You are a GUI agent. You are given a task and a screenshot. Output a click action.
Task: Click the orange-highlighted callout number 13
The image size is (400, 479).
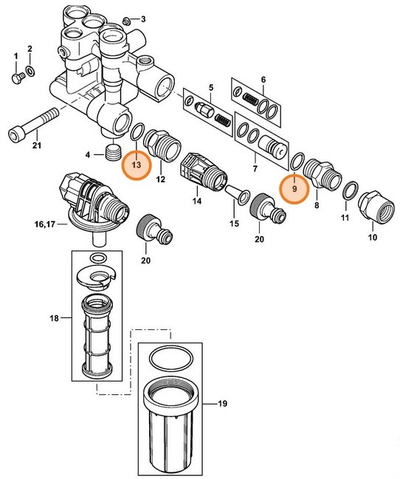pyautogui.click(x=136, y=166)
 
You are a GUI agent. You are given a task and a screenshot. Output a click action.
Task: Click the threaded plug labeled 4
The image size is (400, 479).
pyautogui.click(x=112, y=154)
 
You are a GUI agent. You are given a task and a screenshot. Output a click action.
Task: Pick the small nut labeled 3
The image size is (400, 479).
pyautogui.click(x=125, y=18)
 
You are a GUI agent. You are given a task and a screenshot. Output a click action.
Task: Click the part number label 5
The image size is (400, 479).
pyautogui.click(x=210, y=88)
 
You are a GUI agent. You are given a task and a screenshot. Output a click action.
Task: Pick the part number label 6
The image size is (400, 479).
pyautogui.click(x=263, y=80)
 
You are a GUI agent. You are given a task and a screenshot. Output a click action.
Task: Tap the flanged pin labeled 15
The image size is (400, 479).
pyautogui.click(x=239, y=196)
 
